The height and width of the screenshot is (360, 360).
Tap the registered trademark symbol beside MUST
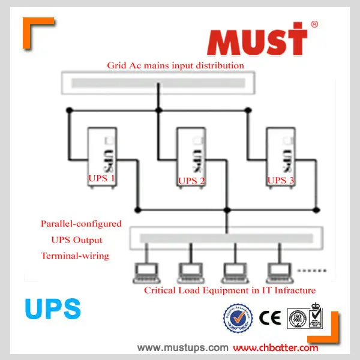314,25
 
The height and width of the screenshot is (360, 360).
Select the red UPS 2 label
191,181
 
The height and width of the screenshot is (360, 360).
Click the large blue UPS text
53,308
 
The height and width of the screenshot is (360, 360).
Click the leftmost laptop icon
145,272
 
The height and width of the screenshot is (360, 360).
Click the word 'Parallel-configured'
81,224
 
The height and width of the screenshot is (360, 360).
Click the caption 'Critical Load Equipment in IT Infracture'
229,291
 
